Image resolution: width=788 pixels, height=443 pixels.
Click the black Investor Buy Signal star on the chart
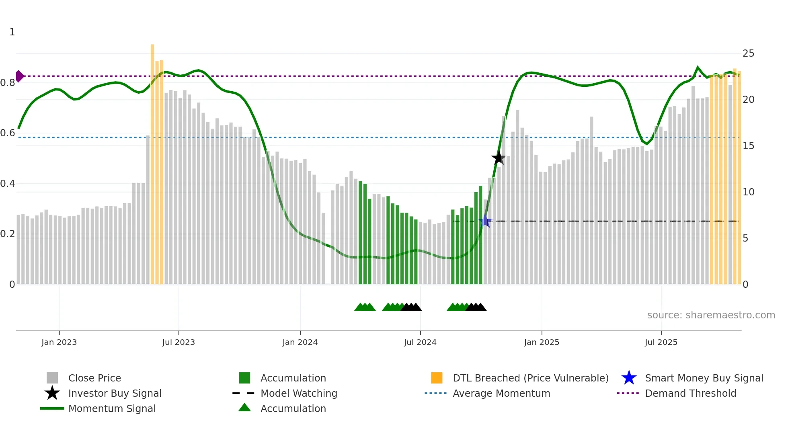pos(499,158)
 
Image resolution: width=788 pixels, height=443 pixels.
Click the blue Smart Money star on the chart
pos(485,221)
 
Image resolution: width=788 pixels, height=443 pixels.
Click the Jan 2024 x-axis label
pos(300,342)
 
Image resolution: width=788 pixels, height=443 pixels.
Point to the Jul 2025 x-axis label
pos(661,342)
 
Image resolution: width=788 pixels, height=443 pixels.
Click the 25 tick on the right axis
pos(748,53)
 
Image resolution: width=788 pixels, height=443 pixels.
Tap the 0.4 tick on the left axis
pos(8,184)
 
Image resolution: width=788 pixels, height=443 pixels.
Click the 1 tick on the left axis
pos(12,32)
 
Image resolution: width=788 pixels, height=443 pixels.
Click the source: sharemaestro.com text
pos(711,315)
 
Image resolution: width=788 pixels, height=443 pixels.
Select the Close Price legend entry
pos(94,378)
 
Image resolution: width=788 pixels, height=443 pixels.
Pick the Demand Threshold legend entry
pos(690,393)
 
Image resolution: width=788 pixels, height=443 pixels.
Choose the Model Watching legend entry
pos(298,393)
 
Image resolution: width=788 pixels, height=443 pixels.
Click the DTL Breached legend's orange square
pos(437,378)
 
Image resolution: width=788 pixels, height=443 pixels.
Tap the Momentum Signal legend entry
pos(112,408)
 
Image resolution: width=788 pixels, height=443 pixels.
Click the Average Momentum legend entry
pos(501,393)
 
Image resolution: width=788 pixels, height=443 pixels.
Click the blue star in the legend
pos(629,378)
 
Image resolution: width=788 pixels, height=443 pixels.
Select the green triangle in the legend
pos(244,408)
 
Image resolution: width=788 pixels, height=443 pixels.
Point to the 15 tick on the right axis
pos(748,146)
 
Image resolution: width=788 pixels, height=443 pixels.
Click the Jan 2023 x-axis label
pos(59,342)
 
